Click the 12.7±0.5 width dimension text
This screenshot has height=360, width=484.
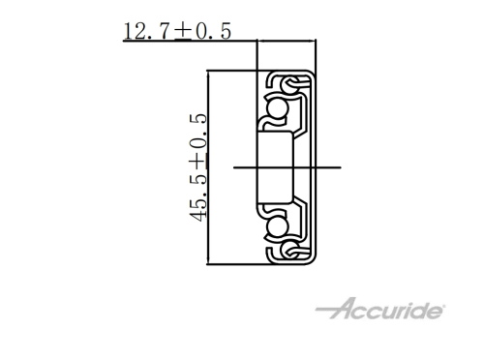(x=177, y=31)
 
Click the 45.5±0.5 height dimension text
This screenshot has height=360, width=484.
(x=197, y=167)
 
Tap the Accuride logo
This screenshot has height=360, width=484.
(x=380, y=309)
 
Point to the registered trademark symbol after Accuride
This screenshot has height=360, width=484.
(x=442, y=306)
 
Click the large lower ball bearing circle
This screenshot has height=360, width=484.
(x=277, y=227)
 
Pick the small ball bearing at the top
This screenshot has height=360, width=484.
(x=288, y=84)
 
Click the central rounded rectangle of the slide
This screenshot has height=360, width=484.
(x=275, y=167)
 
